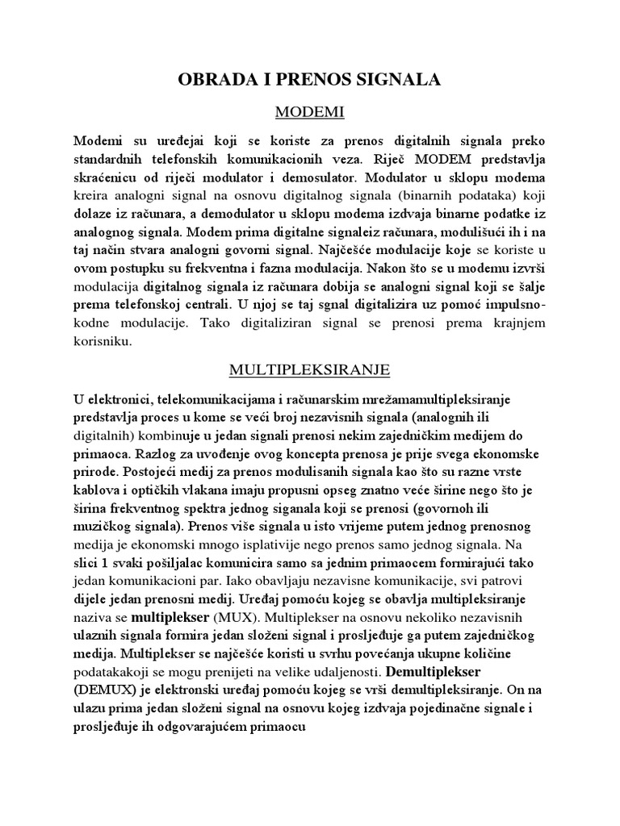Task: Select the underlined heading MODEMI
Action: pos(309,108)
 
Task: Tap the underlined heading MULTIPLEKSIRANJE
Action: pos(309,369)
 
